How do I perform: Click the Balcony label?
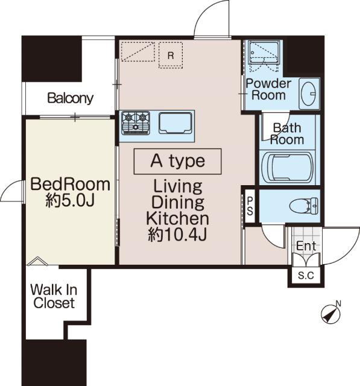coord(71,98)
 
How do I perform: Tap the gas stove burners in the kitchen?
coord(136,123)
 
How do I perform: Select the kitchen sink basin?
coord(175,123)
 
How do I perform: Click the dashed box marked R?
coord(171,55)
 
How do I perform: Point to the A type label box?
coord(178,162)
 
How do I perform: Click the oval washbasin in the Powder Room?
coord(309,93)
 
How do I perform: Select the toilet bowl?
coord(303,205)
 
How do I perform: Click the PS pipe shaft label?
coord(250,206)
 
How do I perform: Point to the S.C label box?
coord(306,275)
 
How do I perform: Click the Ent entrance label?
coord(306,245)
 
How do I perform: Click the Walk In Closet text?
coord(54,296)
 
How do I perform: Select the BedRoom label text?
coord(71,184)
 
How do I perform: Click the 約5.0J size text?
coord(70,201)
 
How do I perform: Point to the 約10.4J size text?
coord(177,235)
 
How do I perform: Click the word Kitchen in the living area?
coord(177,218)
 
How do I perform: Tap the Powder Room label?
coord(268,89)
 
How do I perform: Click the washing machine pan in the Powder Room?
coord(264,55)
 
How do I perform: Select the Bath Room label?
coord(287,134)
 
